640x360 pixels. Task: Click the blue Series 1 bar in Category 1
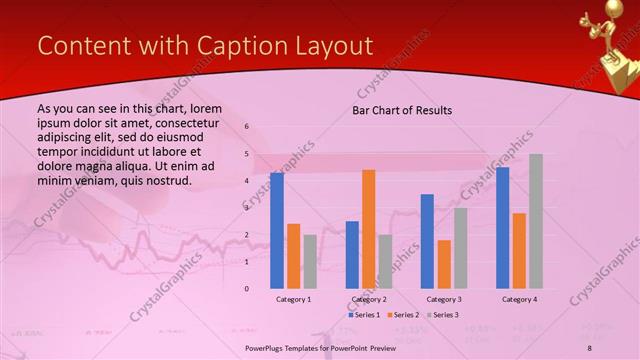(277, 231)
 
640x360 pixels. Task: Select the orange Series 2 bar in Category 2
(368, 229)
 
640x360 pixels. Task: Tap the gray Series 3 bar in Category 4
(535, 221)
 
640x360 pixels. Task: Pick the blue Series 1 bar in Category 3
(427, 241)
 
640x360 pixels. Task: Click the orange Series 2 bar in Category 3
(444, 264)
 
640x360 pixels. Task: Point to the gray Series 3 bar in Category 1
(310, 262)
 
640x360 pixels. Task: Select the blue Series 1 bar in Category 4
(502, 228)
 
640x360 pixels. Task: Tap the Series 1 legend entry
(364, 315)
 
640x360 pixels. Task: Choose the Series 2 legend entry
(402, 315)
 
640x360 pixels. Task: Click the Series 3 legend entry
(441, 315)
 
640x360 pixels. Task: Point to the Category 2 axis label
(368, 299)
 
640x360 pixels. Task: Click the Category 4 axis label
(518, 299)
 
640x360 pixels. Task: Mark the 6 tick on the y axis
(246, 127)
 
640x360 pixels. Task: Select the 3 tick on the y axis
(246, 208)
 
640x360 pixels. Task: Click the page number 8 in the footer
(589, 346)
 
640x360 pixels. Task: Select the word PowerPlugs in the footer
(269, 346)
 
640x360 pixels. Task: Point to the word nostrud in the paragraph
(166, 180)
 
